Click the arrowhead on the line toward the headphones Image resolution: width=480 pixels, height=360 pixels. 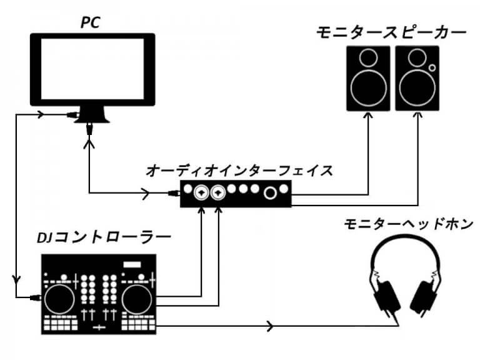coord(270,326)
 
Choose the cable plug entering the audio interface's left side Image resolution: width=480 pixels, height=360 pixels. coord(174,194)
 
